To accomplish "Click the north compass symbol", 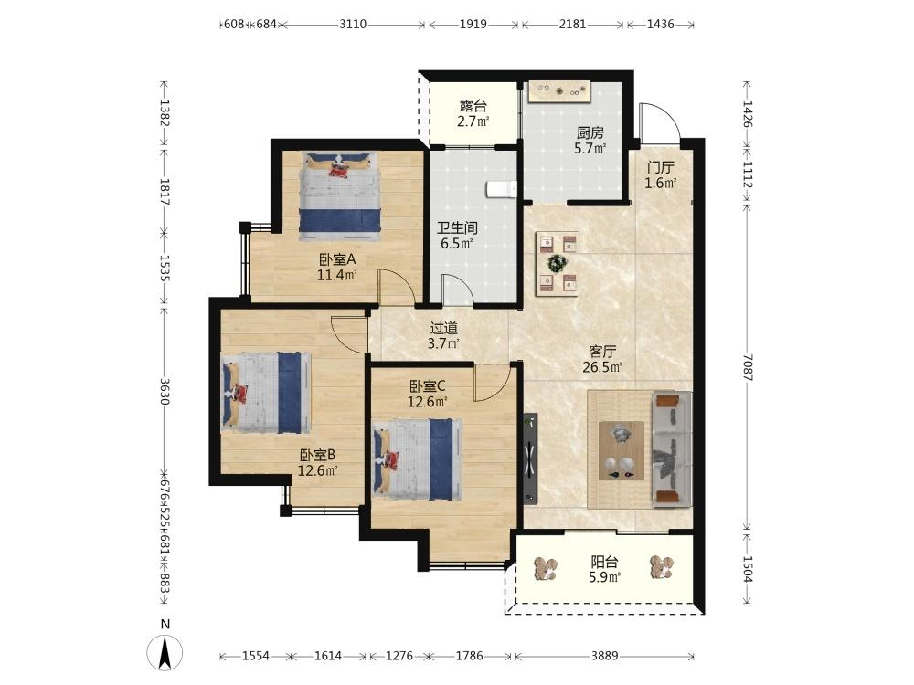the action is [165, 652].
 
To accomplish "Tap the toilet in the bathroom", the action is [502, 189].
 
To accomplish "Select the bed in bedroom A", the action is [339, 195].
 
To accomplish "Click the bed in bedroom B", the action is [265, 393].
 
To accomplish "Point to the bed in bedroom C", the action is [416, 459].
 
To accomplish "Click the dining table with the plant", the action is [558, 263].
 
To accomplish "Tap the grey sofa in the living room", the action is [672, 448].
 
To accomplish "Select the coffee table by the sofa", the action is [622, 451].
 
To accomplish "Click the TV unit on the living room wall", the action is [530, 458].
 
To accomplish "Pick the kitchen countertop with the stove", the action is [559, 91].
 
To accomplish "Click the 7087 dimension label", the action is [748, 367].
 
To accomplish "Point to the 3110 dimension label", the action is [353, 24].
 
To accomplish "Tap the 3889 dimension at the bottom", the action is [604, 656].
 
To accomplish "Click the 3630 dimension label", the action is [165, 392].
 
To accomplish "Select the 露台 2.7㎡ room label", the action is [473, 113].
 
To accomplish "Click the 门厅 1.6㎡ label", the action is [661, 175].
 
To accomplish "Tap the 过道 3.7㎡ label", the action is [443, 336].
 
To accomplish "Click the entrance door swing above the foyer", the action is [659, 124].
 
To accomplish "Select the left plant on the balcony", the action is [547, 568].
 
